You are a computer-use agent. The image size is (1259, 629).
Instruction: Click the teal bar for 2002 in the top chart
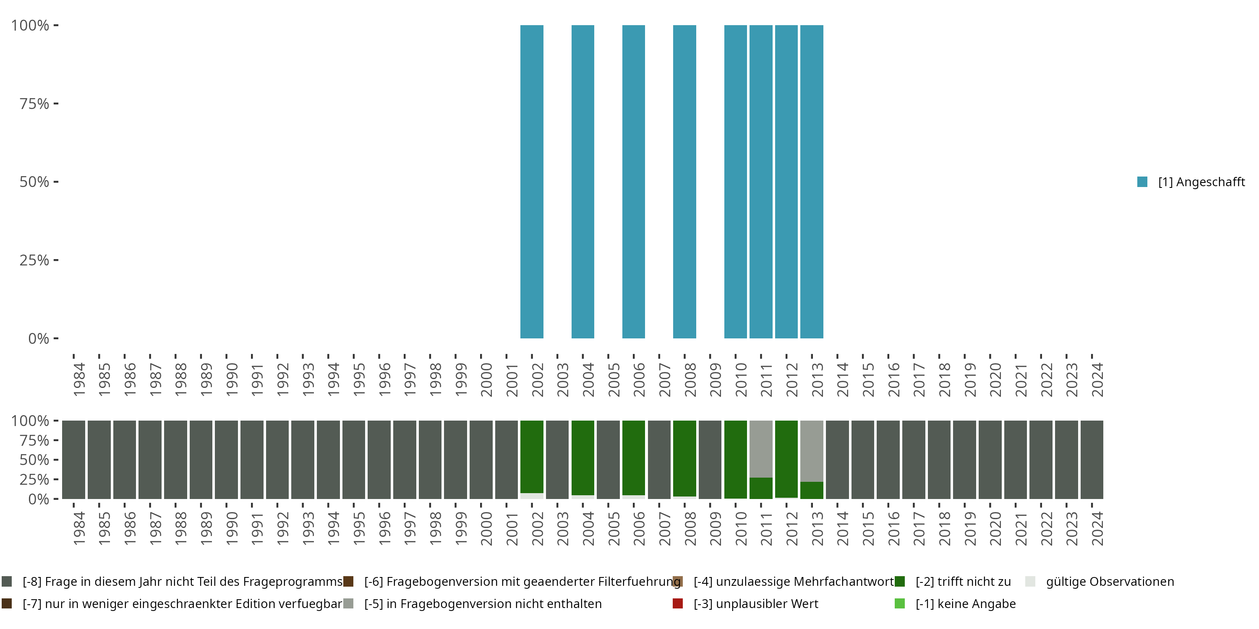tap(532, 182)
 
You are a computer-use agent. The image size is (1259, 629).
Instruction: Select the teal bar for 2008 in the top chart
tap(684, 182)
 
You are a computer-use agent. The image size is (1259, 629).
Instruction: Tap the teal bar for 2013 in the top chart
tap(811, 182)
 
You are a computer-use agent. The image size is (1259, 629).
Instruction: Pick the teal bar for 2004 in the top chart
tap(582, 182)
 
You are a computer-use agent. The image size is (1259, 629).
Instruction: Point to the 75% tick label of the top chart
tap(34, 104)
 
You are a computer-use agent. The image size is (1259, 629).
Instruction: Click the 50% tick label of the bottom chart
tap(34, 460)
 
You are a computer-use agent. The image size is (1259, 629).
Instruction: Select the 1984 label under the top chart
tap(79, 379)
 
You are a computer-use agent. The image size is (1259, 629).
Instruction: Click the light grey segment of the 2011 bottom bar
tap(760, 448)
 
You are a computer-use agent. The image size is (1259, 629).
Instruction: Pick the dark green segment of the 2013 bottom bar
tap(811, 490)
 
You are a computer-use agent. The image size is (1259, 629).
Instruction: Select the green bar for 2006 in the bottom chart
tap(633, 457)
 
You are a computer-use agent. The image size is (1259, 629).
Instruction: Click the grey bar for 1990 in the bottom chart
tap(226, 460)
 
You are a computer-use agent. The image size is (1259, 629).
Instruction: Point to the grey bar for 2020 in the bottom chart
tap(990, 460)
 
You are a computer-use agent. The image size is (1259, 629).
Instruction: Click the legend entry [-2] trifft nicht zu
tap(962, 582)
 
